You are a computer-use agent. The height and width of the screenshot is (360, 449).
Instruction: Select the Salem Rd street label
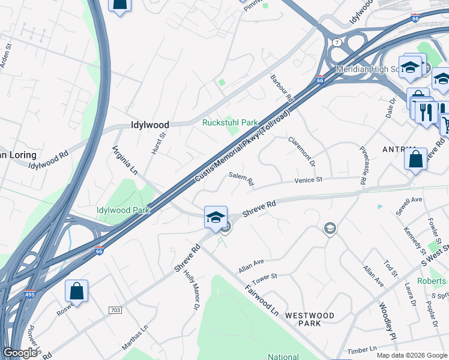click(x=241, y=178)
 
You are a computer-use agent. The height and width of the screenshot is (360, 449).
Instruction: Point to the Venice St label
click(x=308, y=179)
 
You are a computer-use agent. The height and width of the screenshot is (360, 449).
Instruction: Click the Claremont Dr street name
click(x=301, y=151)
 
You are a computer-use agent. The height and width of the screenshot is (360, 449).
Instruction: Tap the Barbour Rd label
click(x=281, y=88)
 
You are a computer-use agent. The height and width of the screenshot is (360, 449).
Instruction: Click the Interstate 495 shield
click(x=32, y=295)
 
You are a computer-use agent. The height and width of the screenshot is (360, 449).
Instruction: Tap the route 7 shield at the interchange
click(x=338, y=43)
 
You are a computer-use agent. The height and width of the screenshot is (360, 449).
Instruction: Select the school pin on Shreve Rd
click(x=215, y=217)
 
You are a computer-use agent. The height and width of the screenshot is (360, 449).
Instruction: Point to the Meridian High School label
click(x=366, y=69)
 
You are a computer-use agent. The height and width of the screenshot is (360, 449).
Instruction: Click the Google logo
click(x=20, y=353)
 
